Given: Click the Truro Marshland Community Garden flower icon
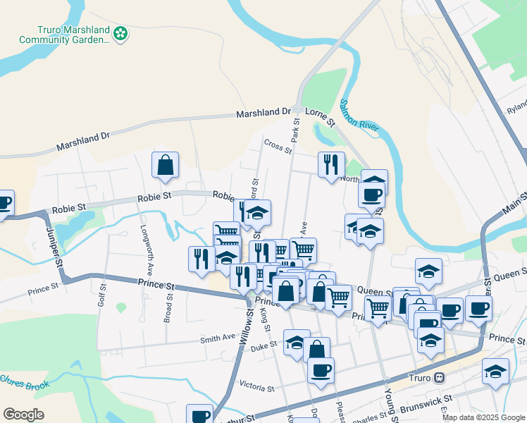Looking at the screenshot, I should [121, 33].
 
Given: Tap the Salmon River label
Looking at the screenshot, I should [360, 114].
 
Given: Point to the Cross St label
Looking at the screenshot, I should [278, 145].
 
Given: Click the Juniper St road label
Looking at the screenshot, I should [53, 247].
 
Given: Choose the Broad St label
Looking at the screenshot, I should [169, 304].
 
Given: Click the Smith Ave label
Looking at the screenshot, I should [217, 338].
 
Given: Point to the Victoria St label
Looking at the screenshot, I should [256, 388].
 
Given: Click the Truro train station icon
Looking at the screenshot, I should [439, 378].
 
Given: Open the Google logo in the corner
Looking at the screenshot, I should [23, 415].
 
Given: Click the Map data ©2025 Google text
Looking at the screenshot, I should [483, 417].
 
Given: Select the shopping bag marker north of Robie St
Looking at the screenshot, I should [165, 166].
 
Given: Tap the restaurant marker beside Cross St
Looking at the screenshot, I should [331, 165].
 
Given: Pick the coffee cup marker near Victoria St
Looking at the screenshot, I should [321, 370].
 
